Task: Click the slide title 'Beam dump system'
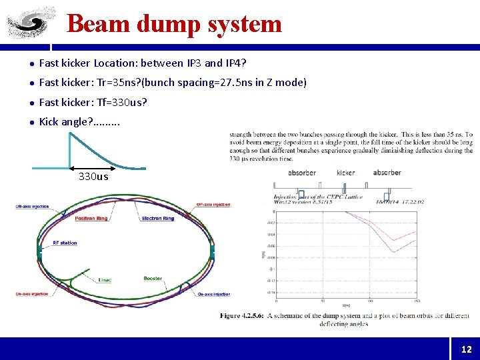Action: [x=175, y=24]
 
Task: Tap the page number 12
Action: [x=465, y=349]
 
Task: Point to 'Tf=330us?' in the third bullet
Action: [x=123, y=102]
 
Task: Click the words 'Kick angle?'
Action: [x=66, y=121]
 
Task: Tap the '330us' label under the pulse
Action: [x=93, y=177]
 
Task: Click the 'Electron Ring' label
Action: [x=158, y=218]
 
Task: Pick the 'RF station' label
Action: [x=65, y=243]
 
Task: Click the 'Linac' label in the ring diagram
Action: [x=105, y=279]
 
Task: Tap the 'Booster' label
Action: [x=153, y=279]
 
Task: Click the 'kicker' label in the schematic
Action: [x=346, y=173]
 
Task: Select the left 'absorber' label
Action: [x=302, y=173]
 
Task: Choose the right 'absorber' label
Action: [x=387, y=173]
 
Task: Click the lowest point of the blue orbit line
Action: [x=393, y=252]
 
